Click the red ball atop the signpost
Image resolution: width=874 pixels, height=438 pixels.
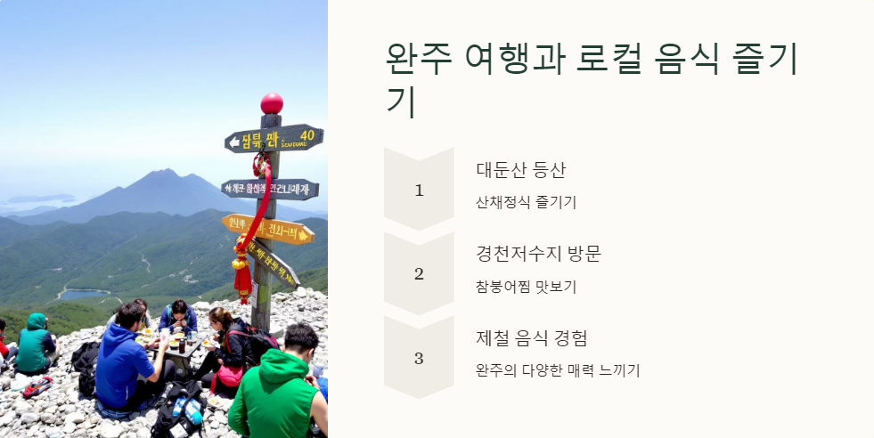(272, 103)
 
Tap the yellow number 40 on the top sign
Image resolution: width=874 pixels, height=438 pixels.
(306, 135)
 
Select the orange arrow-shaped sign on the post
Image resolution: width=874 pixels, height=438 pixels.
(268, 229)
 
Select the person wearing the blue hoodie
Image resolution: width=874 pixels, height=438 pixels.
(124, 361)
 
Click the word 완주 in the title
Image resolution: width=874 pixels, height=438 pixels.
(420, 60)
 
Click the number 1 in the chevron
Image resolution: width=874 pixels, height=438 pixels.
(419, 190)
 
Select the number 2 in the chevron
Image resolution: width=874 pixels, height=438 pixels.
(419, 274)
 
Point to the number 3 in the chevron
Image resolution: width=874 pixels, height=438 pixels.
(419, 359)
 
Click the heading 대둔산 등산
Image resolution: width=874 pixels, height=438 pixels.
(521, 170)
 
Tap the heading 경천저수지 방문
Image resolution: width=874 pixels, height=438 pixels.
(539, 254)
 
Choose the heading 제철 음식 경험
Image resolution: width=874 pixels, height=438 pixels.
(531, 338)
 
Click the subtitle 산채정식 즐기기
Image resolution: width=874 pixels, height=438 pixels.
(527, 202)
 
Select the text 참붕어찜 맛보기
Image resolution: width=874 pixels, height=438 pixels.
(527, 287)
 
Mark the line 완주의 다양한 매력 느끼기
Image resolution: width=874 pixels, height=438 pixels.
(558, 370)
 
